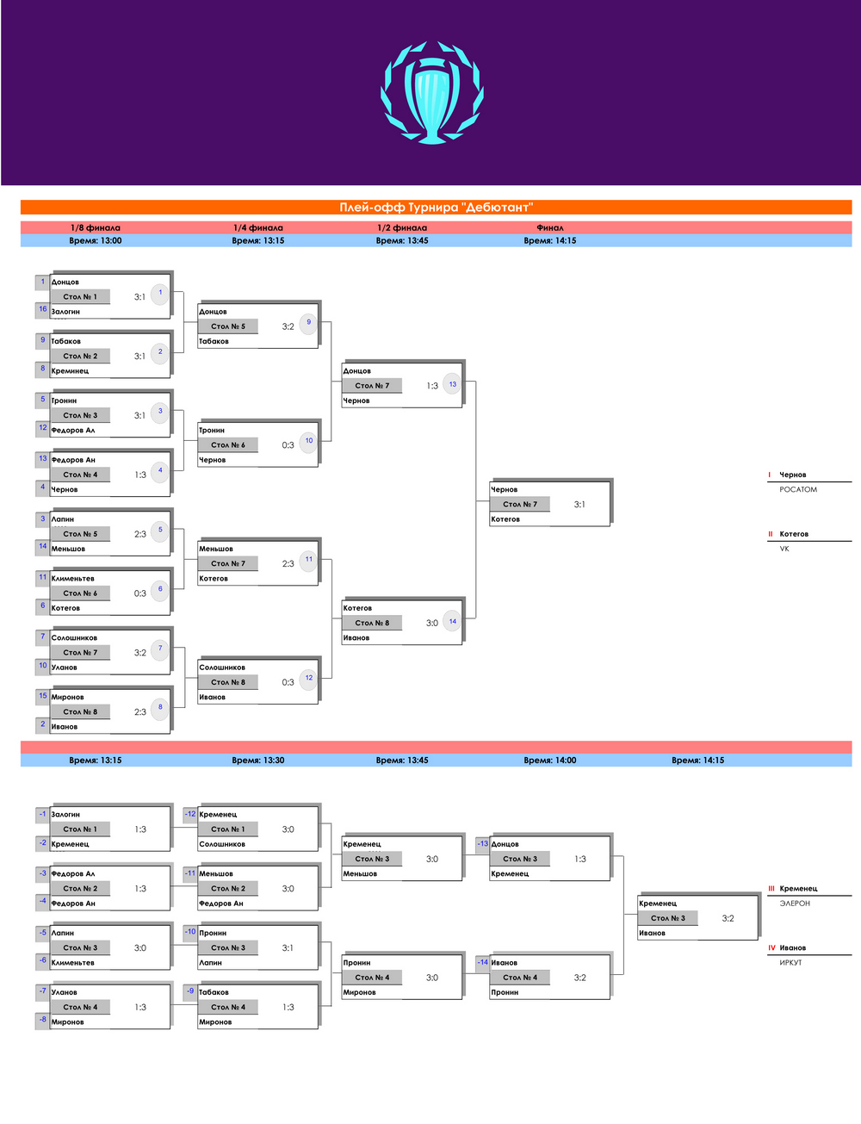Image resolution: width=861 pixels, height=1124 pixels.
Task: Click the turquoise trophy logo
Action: pyautogui.click(x=432, y=92)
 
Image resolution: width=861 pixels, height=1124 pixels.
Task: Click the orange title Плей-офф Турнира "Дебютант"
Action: pyautogui.click(x=436, y=208)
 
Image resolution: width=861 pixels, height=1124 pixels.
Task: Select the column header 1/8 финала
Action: pyautogui.click(x=96, y=227)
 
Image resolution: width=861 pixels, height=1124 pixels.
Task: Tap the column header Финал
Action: pyautogui.click(x=549, y=227)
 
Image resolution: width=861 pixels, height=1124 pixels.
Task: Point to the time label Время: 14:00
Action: pyautogui.click(x=549, y=760)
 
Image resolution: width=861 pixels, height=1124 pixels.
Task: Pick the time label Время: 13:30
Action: pyautogui.click(x=257, y=760)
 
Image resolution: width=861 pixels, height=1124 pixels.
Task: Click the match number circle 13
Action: pyautogui.click(x=453, y=384)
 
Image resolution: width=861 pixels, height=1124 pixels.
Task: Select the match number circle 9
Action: pyautogui.click(x=309, y=322)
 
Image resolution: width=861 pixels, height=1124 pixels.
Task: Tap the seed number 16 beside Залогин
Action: pyautogui.click(x=42, y=309)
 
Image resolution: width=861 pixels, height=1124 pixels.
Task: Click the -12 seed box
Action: pyautogui.click(x=190, y=814)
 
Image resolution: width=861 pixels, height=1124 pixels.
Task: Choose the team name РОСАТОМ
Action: pyautogui.click(x=798, y=489)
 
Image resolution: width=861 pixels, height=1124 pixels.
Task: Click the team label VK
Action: pyautogui.click(x=784, y=549)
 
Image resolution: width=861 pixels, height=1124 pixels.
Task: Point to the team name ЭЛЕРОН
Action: pyautogui.click(x=795, y=904)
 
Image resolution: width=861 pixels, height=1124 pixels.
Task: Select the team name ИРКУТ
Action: pyautogui.click(x=790, y=963)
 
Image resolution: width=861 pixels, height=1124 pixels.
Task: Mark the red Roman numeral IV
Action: pyautogui.click(x=771, y=947)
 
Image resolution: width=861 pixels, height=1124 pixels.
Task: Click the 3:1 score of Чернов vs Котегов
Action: pyautogui.click(x=579, y=505)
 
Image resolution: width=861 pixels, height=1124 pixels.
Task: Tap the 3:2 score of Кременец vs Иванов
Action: pyautogui.click(x=728, y=918)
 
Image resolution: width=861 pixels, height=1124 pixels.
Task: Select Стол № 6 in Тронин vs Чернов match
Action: pyautogui.click(x=227, y=444)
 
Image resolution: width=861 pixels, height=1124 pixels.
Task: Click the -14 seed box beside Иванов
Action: pyautogui.click(x=482, y=963)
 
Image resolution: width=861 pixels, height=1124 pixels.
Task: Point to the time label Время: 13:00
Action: pyautogui.click(x=96, y=240)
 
